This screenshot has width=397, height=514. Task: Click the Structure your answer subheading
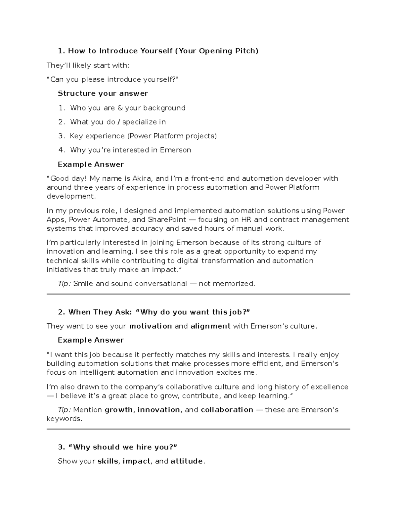103,94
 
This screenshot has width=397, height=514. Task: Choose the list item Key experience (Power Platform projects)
143,136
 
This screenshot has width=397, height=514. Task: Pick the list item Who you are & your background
128,108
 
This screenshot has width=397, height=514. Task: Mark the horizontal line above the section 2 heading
198,294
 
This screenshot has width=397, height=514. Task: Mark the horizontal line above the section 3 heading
198,429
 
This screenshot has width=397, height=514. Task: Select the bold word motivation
151,326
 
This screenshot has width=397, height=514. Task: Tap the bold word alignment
210,326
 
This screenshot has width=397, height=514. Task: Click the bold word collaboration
227,410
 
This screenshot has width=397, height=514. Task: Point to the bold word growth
119,410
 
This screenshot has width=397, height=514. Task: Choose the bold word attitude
187,461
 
